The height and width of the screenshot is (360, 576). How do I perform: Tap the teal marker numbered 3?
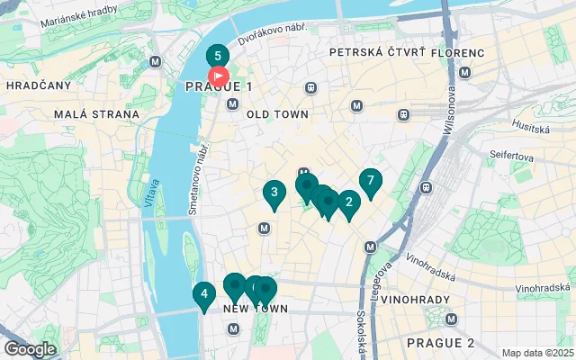pos(274,193)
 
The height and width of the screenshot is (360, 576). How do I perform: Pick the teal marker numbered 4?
pos(204,294)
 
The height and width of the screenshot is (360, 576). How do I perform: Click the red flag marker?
pos(219,77)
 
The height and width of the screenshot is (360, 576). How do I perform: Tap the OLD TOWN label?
pos(277,114)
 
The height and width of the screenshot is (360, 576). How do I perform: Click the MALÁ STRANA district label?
pos(96,114)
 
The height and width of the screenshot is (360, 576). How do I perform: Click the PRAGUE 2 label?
pos(439,343)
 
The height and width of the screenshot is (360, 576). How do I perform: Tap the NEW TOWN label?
pos(255,309)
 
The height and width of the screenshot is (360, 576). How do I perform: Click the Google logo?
pos(30,349)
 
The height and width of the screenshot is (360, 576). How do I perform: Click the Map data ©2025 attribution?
pos(536,353)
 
